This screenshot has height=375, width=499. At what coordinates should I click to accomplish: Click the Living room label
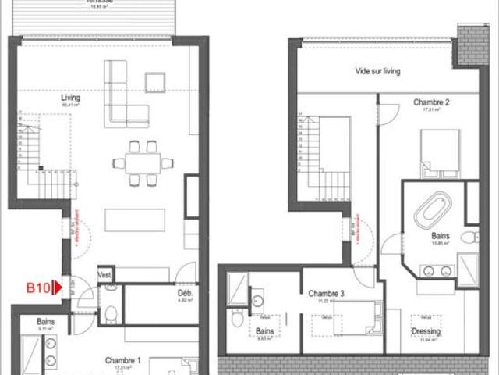[72, 98]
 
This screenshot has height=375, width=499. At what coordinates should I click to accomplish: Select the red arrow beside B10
[55, 288]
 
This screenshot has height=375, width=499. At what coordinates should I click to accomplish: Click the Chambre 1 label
[123, 360]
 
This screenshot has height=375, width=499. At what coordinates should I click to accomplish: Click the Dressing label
[426, 331]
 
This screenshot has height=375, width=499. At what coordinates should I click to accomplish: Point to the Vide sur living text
[377, 71]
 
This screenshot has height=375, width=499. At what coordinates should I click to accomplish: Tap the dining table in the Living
[142, 163]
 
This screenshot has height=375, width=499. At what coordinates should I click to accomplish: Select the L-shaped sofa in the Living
[125, 98]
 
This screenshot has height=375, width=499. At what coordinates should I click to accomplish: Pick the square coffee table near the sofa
[155, 82]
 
